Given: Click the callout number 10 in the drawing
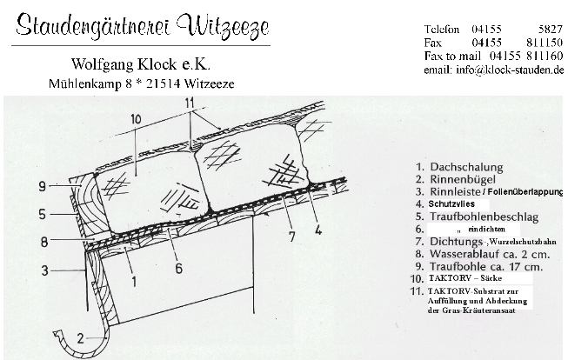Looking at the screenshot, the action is point(135,119).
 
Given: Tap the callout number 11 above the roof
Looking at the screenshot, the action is point(190,103).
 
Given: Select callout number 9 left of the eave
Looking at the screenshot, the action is point(43,186).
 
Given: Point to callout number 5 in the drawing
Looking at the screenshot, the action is point(43,215).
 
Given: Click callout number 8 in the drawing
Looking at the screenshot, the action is point(44,242).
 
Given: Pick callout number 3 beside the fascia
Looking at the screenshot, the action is point(44,270).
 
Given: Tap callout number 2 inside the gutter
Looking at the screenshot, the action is point(80,338).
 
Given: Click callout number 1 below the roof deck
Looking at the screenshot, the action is point(134,282).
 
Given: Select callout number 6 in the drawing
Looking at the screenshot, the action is point(179,269).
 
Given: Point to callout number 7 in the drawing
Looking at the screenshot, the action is point(292,237).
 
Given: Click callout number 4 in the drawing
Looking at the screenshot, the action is point(318,230).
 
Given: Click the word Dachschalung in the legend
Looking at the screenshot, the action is point(466,167).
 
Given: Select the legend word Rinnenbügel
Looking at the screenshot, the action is point(463,179).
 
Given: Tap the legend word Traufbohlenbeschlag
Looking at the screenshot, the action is point(484,217).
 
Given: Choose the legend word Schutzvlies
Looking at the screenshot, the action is point(451,203).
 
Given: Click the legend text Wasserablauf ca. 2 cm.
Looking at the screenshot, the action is point(490,254).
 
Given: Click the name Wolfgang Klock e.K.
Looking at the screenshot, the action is point(141,64).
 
